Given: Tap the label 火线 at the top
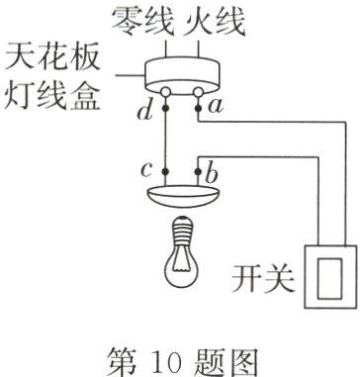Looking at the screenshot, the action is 214,18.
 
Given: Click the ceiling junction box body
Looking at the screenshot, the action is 184,74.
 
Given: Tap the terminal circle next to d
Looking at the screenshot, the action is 168,96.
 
